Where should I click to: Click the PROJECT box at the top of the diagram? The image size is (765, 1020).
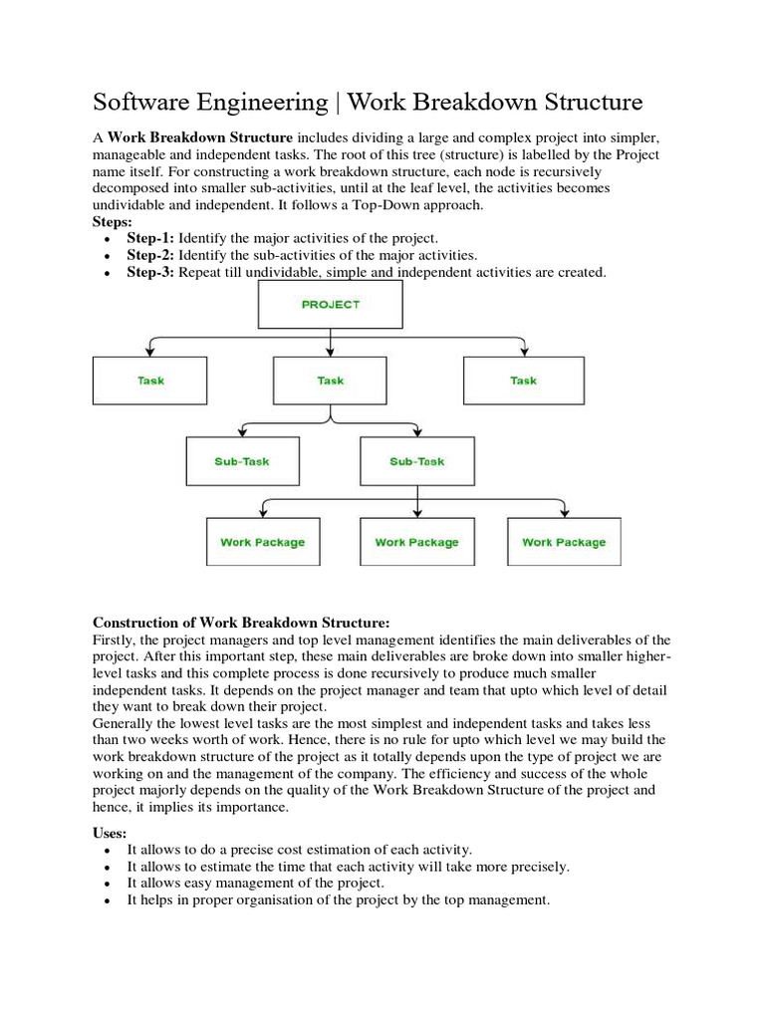(330, 304)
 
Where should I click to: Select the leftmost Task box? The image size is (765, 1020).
(150, 381)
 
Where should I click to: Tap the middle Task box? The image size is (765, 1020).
(330, 381)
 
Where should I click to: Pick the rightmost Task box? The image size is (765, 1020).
(523, 381)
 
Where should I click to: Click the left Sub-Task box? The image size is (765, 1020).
(242, 461)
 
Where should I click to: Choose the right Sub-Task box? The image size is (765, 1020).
(417, 461)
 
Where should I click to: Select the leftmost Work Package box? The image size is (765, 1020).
(263, 542)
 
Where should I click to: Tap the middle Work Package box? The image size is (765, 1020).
(416, 542)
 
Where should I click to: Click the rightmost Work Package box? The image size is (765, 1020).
(564, 542)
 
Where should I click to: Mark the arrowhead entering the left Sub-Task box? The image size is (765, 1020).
(242, 433)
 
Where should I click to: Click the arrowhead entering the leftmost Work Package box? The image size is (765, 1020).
(263, 513)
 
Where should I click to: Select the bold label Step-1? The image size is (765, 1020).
(150, 238)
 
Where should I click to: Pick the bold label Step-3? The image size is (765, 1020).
(150, 272)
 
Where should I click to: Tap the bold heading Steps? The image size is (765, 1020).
(114, 221)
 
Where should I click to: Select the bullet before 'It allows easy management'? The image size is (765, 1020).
(107, 884)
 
